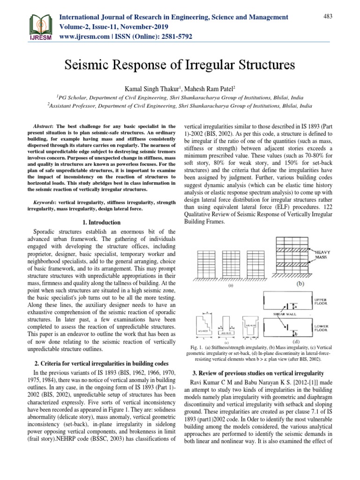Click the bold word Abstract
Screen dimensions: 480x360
[x=46, y=127]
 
